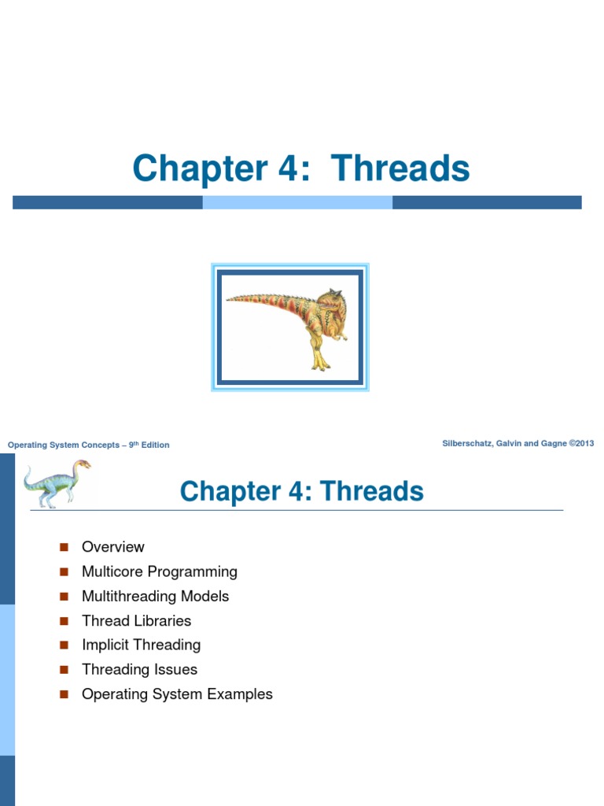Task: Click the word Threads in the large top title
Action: (400, 169)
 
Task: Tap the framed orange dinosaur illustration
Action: (290, 327)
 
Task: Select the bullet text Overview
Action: (113, 547)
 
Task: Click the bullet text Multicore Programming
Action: (160, 571)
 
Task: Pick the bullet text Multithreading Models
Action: (156, 596)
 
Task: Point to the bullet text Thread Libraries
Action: (137, 621)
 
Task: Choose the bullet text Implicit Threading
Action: (142, 645)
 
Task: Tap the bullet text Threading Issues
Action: (140, 670)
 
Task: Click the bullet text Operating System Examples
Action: (178, 694)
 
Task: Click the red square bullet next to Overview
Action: (64, 547)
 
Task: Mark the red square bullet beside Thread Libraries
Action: (64, 621)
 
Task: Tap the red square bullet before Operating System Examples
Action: (64, 694)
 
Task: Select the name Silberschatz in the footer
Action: (469, 444)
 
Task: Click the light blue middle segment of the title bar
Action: (297, 202)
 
